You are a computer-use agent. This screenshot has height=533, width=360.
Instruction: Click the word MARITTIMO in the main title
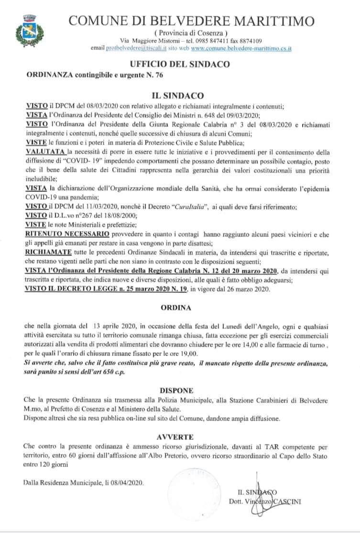click(x=273, y=21)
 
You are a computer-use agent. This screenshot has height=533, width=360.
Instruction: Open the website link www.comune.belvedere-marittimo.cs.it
click(x=242, y=49)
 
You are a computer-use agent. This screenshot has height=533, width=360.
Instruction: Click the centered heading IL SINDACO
click(x=180, y=95)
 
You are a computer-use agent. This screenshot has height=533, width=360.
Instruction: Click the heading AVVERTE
click(x=180, y=437)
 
